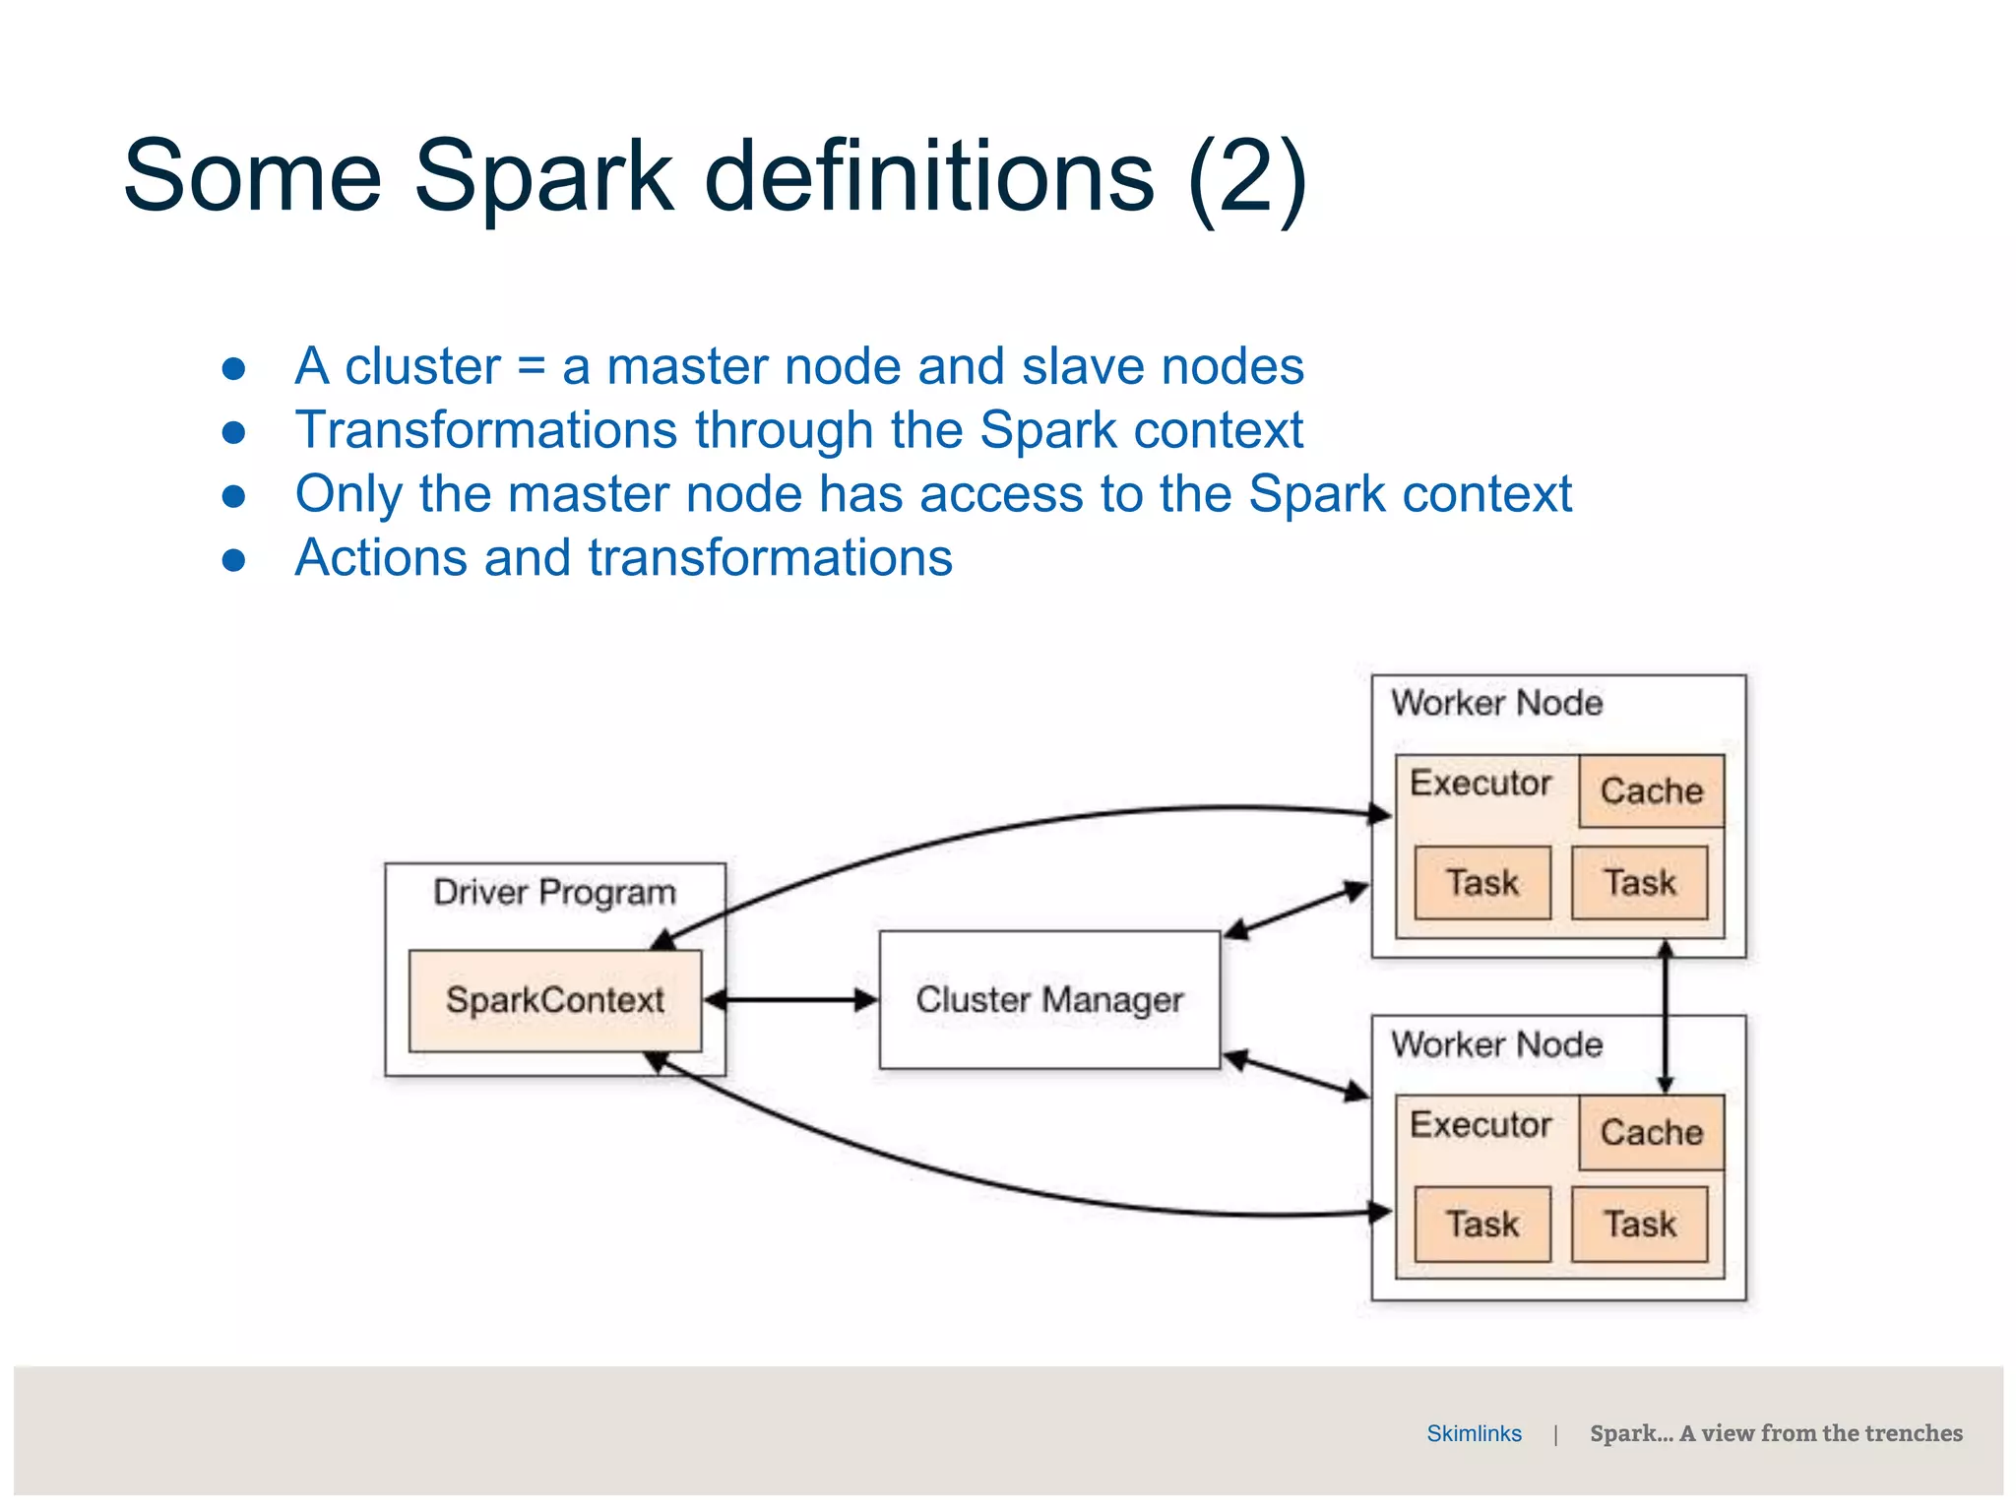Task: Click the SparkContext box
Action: (x=555, y=1000)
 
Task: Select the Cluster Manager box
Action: (x=1049, y=1000)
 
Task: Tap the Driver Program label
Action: (x=554, y=893)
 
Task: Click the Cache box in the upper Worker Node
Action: (x=1651, y=790)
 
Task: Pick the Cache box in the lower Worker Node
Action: (x=1651, y=1132)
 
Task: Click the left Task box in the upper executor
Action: (x=1481, y=883)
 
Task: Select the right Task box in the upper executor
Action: (x=1639, y=883)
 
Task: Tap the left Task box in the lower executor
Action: (x=1481, y=1225)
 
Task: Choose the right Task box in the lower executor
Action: (x=1639, y=1225)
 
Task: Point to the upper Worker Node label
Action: (x=1496, y=703)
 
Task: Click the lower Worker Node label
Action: (x=1496, y=1044)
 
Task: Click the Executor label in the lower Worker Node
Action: (x=1480, y=1124)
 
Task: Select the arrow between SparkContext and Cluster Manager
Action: (x=790, y=1000)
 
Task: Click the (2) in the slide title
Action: (x=1247, y=177)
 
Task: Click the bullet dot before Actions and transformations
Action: (x=233, y=560)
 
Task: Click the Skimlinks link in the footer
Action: (x=1474, y=1433)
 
